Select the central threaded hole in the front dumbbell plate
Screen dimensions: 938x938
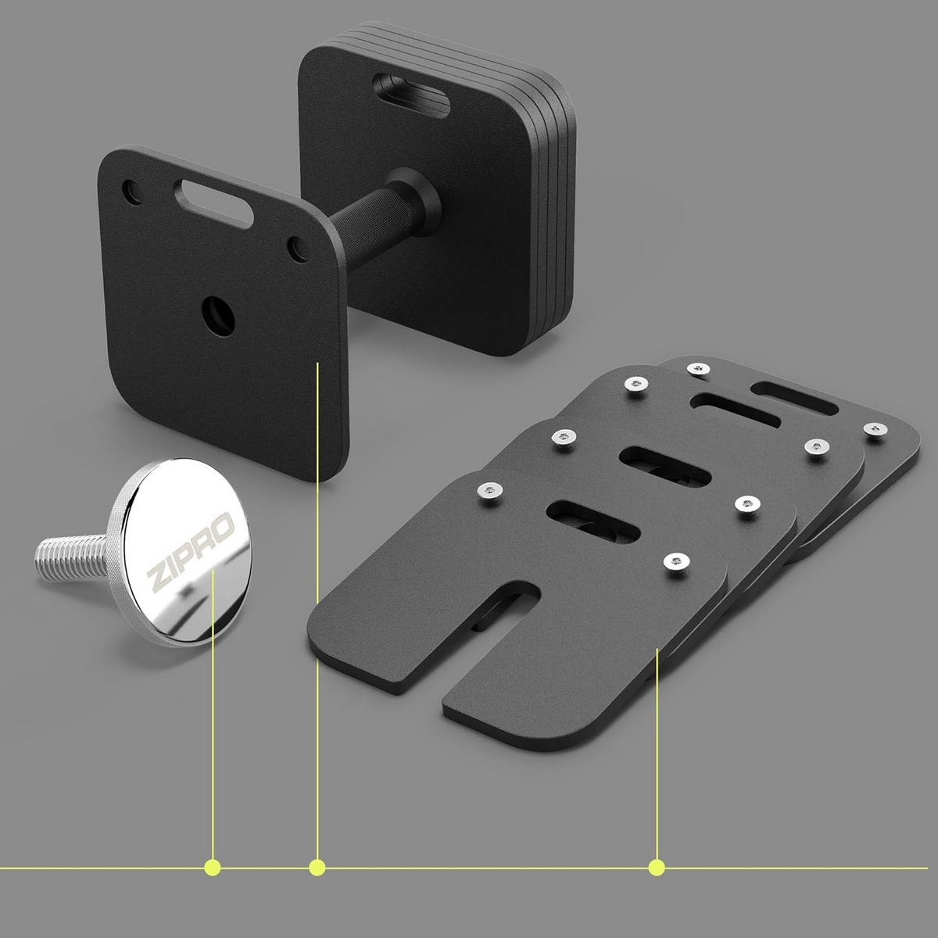coord(219,317)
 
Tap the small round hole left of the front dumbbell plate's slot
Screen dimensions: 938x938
coord(132,193)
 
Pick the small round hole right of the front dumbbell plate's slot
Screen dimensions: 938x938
coord(297,249)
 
